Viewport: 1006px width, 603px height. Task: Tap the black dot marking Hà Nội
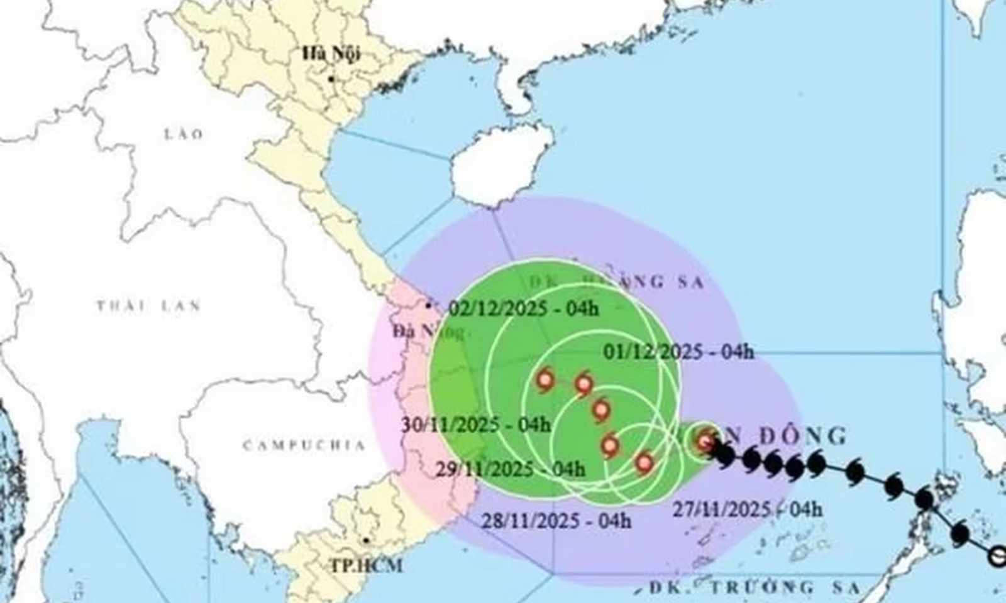(331, 79)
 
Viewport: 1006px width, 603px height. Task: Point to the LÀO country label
(184, 134)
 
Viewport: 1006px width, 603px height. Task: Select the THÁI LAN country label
(148, 306)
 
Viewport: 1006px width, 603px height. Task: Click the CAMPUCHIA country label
(304, 445)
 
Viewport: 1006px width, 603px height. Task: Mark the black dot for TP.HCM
(365, 540)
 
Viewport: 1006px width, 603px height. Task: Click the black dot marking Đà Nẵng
(429, 306)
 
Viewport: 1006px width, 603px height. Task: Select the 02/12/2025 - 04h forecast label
(525, 308)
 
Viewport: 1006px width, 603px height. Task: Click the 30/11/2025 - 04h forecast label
(476, 425)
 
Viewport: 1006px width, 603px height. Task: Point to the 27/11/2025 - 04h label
(747, 509)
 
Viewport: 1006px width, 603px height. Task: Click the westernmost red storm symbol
(544, 380)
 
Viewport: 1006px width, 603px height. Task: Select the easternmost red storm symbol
(704, 442)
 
